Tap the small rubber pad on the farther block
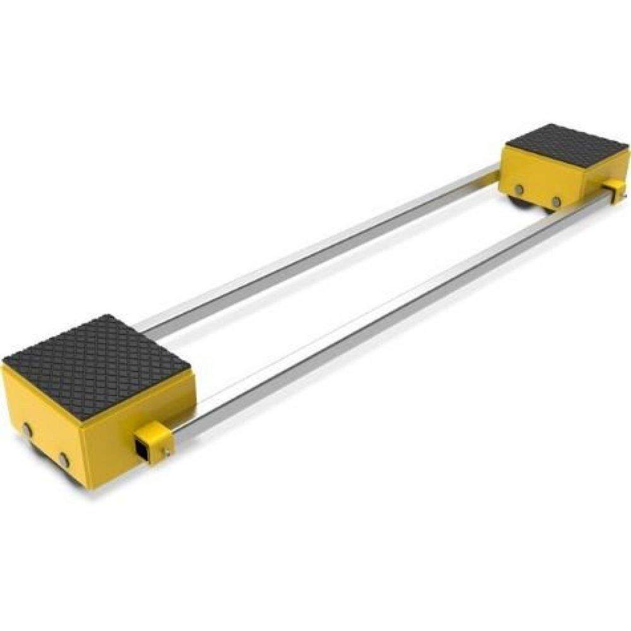567,144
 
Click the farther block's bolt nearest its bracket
556,202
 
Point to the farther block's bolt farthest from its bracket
519,190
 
